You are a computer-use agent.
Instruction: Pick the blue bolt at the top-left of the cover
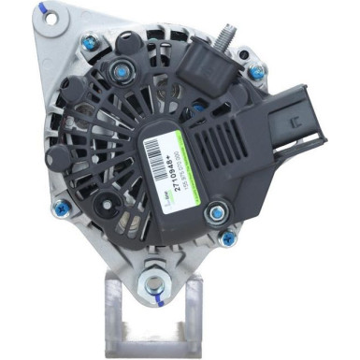tap(90, 43)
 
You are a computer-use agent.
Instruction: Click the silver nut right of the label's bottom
tap(215, 211)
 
